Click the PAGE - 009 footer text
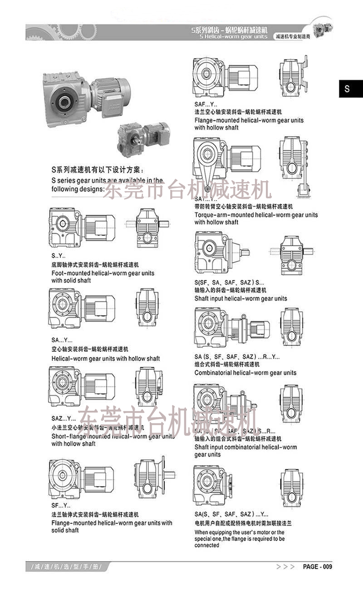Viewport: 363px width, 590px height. click(317, 567)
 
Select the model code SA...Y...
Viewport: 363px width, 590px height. click(61, 340)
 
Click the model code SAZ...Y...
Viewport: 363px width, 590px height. click(64, 418)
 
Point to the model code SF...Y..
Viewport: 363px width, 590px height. click(61, 505)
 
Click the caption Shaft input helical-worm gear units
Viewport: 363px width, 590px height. click(240, 299)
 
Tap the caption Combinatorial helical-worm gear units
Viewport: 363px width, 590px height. click(245, 373)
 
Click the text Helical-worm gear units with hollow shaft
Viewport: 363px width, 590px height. click(105, 359)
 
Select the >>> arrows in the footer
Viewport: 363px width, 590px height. click(285, 567)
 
